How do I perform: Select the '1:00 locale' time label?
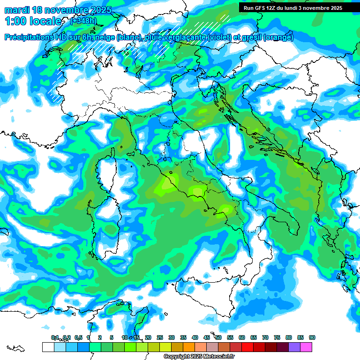(33, 21)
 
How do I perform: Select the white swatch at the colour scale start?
(48, 347)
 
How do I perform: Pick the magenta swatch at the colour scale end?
(306, 347)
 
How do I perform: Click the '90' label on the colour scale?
(312, 337)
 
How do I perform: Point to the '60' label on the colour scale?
(242, 337)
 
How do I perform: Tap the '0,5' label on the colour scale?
(78, 337)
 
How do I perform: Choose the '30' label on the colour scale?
(172, 337)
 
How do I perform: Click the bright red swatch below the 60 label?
(247, 347)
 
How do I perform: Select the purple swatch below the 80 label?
(294, 347)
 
